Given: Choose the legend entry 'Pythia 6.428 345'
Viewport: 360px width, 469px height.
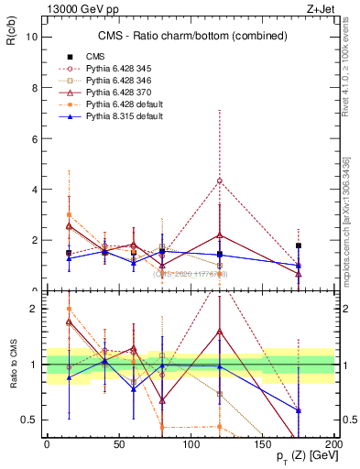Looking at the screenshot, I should point(124,69).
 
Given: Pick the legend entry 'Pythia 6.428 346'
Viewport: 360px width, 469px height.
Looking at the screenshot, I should point(124,81).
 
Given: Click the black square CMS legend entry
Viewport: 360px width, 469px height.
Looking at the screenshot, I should point(94,57).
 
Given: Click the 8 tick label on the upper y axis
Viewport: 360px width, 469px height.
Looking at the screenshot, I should point(33,88).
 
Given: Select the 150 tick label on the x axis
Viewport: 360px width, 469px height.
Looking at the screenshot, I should point(262,442).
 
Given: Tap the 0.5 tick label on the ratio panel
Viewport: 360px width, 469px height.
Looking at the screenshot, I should point(29,420).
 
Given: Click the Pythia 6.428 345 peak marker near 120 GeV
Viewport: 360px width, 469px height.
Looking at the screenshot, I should point(220,180).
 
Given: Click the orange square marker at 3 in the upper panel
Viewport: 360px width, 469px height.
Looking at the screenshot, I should point(69,214).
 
